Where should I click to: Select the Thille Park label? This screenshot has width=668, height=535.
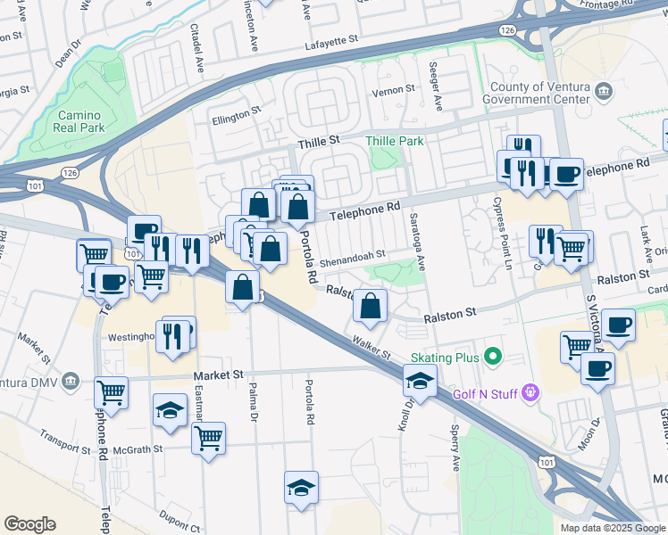click(x=394, y=141)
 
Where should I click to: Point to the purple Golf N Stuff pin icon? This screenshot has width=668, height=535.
click(x=531, y=391)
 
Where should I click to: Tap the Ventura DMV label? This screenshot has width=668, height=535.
click(x=37, y=383)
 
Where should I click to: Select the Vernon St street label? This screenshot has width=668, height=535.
click(x=394, y=89)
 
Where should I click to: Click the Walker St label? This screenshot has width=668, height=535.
click(x=372, y=348)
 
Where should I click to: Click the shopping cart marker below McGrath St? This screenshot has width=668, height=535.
click(x=208, y=438)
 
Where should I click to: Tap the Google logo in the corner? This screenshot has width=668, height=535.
click(x=29, y=524)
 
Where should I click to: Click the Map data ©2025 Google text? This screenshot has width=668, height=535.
click(x=612, y=528)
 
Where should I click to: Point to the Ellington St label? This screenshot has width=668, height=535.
click(x=235, y=113)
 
